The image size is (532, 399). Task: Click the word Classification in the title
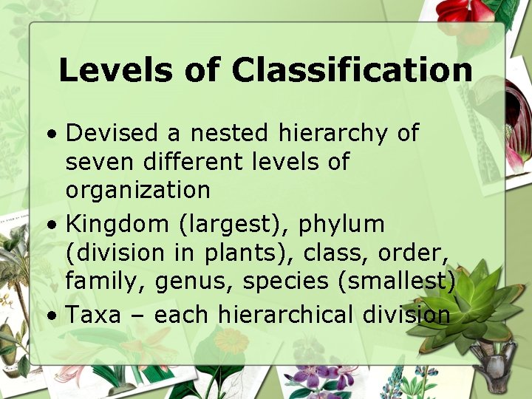click(352, 70)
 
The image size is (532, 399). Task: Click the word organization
click(138, 191)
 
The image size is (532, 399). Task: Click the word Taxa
click(93, 315)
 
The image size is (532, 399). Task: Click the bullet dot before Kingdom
click(51, 225)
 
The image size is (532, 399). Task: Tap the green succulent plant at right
click(472, 303)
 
